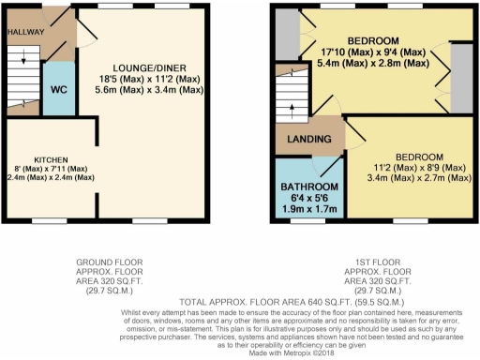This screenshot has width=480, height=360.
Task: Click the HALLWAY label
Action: pos(25,30)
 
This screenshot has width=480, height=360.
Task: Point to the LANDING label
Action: pos(310,140)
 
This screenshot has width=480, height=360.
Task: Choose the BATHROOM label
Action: pos(308,186)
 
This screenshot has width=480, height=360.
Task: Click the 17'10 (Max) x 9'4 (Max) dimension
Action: pos(374,52)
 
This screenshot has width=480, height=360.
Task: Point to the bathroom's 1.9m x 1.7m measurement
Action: pos(308,208)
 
